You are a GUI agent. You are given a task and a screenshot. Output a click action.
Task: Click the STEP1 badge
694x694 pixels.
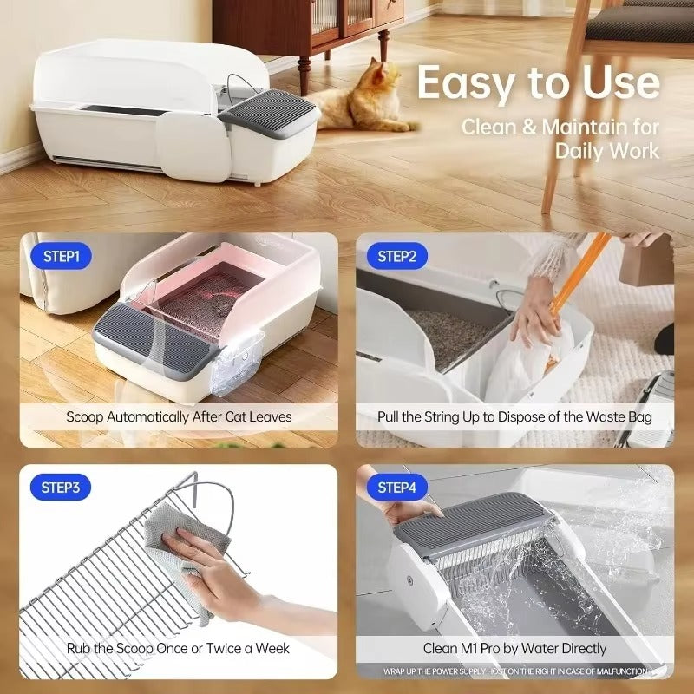click(x=61, y=257)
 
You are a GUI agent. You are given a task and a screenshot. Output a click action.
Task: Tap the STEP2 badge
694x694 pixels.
click(x=396, y=257)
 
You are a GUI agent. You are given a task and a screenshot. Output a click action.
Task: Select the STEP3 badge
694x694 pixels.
click(x=61, y=488)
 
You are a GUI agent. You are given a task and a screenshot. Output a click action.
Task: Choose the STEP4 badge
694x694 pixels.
click(x=396, y=488)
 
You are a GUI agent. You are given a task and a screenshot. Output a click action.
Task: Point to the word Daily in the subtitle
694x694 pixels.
click(x=583, y=150)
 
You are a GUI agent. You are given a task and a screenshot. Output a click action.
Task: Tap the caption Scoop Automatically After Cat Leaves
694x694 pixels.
click(x=179, y=416)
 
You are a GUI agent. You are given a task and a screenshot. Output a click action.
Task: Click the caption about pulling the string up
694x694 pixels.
click(x=514, y=416)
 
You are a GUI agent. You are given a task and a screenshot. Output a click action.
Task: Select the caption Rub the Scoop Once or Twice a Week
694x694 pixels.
click(x=179, y=648)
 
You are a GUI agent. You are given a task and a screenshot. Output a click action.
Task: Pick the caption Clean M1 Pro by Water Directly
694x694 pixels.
click(x=514, y=648)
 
